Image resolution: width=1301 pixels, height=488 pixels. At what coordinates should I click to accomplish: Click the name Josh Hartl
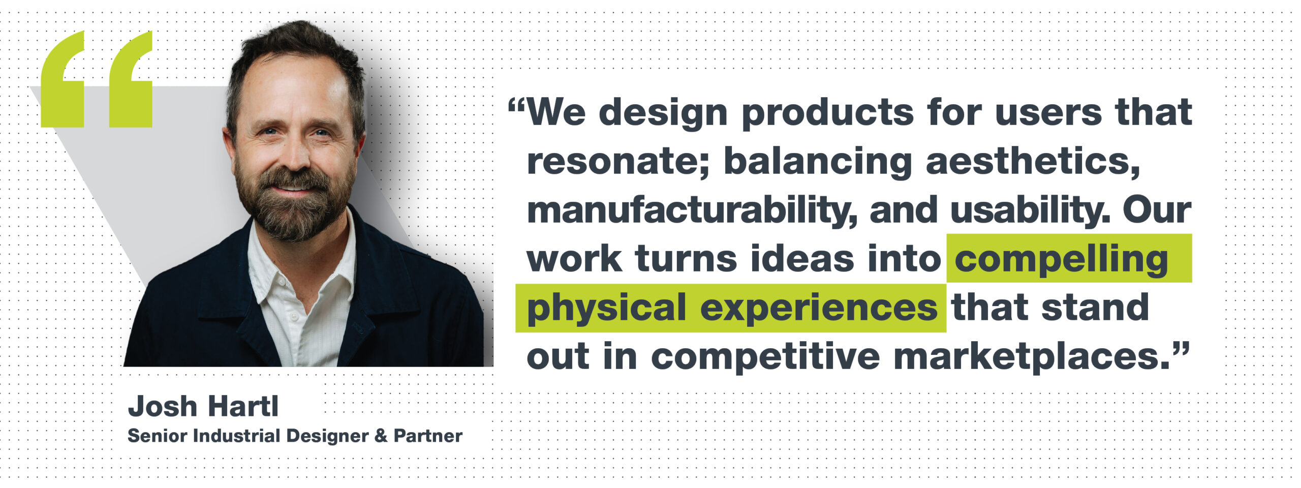(x=203, y=407)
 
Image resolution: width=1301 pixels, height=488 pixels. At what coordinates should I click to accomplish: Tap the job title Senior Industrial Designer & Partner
(x=295, y=436)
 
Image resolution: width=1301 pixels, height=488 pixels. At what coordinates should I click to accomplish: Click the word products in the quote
(x=828, y=113)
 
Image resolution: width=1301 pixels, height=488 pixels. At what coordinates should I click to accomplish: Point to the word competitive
(x=765, y=358)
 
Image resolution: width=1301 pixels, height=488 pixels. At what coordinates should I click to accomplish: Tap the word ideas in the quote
(x=802, y=259)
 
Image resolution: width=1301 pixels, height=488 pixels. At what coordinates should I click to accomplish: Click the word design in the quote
(x=664, y=113)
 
